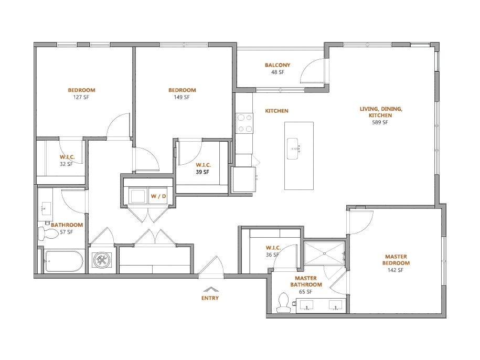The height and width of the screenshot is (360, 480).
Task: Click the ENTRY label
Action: (x=210, y=298)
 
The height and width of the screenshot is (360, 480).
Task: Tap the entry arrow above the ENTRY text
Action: (x=211, y=289)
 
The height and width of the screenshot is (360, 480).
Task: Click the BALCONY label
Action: (x=278, y=65)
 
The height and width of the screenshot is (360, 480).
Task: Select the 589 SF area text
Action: (x=380, y=122)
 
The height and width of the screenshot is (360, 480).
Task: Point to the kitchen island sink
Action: (x=293, y=149)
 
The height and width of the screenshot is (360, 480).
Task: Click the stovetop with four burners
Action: (x=245, y=123)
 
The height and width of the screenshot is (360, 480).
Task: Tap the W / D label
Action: (x=158, y=196)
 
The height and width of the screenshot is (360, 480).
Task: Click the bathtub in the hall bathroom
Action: (x=63, y=261)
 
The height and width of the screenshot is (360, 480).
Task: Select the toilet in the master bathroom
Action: (x=283, y=303)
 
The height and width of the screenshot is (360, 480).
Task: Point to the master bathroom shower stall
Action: (x=325, y=253)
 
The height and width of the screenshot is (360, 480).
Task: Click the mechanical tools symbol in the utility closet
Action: (x=102, y=260)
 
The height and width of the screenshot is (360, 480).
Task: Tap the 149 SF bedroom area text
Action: (x=182, y=97)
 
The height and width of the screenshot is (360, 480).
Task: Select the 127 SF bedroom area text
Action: (x=81, y=97)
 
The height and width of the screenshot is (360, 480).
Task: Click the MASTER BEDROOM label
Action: (x=396, y=260)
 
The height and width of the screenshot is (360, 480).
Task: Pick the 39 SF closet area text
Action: (x=202, y=172)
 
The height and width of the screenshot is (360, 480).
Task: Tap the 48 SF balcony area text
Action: (x=278, y=72)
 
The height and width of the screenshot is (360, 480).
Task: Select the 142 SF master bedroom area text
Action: (x=396, y=270)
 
